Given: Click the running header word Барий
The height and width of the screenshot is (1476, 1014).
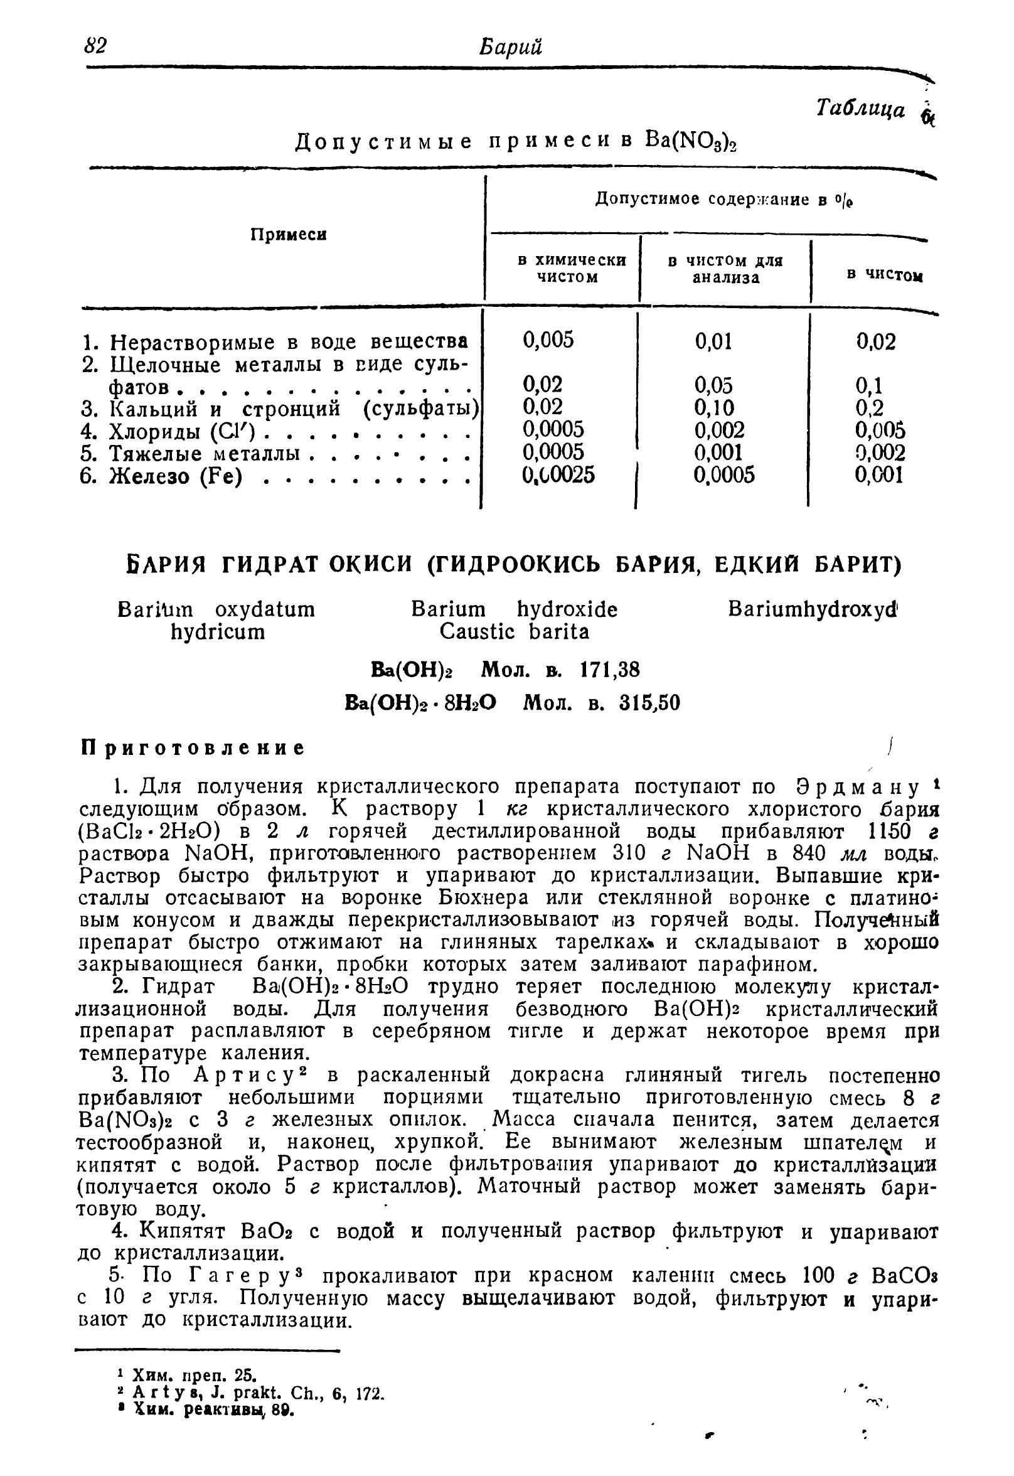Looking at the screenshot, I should tap(512, 47).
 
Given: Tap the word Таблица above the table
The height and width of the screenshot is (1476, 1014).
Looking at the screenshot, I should tap(860, 110).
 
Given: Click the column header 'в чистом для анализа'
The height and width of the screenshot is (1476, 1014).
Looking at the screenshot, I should tap(725, 269).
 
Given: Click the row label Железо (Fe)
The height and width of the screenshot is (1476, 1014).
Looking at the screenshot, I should tap(176, 476).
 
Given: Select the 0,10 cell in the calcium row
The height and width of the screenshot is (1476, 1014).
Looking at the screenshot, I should tap(714, 407).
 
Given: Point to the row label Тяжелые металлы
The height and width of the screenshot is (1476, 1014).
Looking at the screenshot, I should tap(205, 453).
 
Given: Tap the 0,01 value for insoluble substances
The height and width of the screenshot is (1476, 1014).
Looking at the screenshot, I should tap(713, 342).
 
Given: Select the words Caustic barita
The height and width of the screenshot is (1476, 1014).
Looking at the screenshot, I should tap(515, 631).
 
